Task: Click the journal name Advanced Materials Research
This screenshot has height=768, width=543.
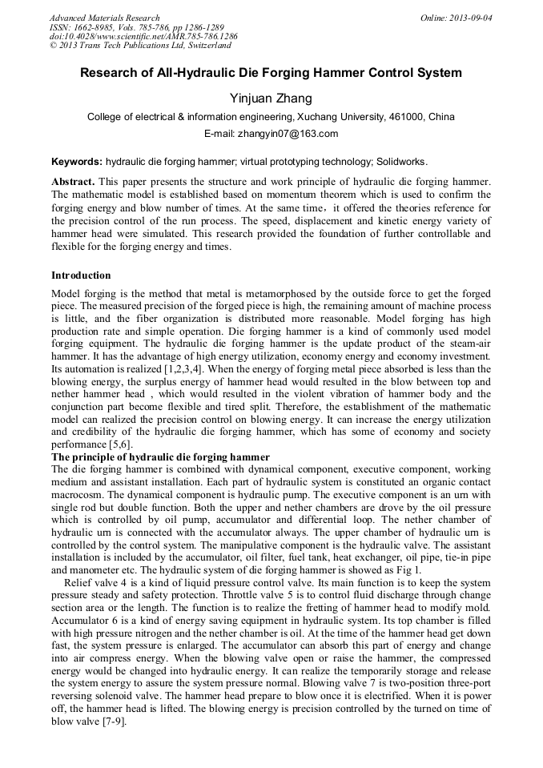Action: pyautogui.click(x=104, y=18)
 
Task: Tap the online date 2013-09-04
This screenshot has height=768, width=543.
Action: pyautogui.click(x=469, y=18)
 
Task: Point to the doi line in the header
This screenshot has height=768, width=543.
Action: pyautogui.click(x=143, y=37)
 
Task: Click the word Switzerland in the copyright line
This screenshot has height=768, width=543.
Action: pyautogui.click(x=202, y=46)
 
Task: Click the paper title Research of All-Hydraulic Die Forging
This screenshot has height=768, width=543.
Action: pyautogui.click(x=271, y=73)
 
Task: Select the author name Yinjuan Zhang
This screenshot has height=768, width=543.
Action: pyautogui.click(x=271, y=99)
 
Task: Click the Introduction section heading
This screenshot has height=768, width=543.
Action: pyautogui.click(x=81, y=275)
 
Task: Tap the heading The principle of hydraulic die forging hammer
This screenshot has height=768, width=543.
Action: pyautogui.click(x=160, y=456)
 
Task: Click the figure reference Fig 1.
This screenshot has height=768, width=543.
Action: pyautogui.click(x=408, y=569)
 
